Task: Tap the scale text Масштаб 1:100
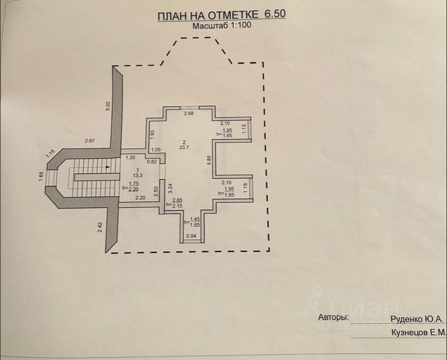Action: [222, 26]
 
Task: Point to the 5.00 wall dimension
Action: [108, 106]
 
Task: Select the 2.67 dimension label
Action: [89, 141]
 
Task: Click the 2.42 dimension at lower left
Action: [100, 227]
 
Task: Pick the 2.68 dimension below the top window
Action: [189, 114]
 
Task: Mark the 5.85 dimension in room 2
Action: [209, 159]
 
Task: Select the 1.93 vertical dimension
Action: [153, 134]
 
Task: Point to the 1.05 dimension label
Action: [156, 150]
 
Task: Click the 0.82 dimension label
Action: [153, 161]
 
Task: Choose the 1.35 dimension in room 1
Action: [130, 157]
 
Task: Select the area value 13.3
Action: [138, 175]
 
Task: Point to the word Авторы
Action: [333, 318]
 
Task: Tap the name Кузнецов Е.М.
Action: [418, 332]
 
